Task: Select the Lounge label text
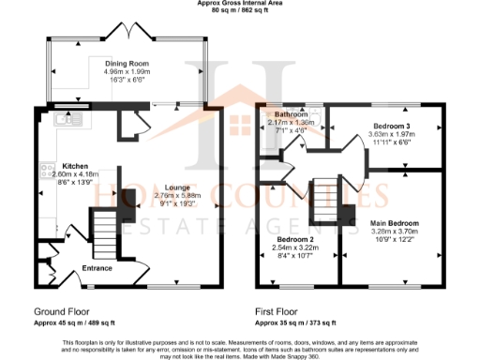tap(178, 187)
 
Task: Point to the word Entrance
tap(97, 268)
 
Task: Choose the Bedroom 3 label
tap(391, 126)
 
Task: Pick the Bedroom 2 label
tap(296, 239)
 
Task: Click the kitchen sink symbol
tap(65, 119)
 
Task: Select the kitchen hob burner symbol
tap(44, 171)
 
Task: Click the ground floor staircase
tap(101, 231)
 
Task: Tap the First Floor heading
tap(277, 310)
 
